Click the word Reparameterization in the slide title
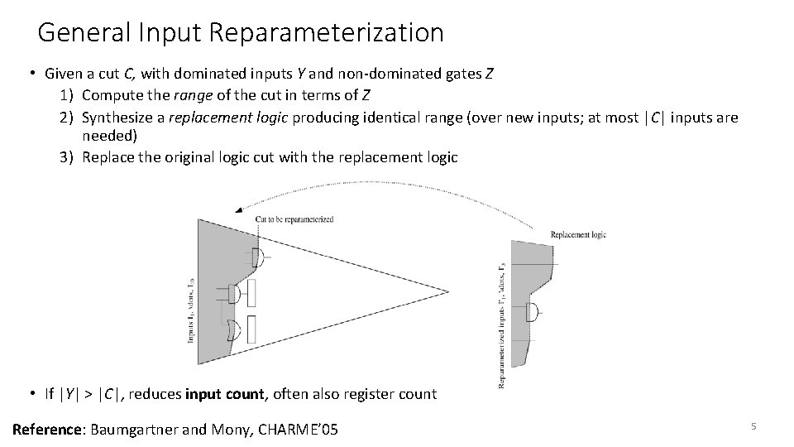point(327,33)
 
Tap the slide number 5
point(753,426)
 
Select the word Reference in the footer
point(46,429)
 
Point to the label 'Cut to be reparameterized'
point(294,219)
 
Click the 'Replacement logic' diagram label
point(578,235)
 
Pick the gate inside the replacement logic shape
point(534,312)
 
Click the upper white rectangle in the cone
point(251,293)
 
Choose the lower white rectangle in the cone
point(251,329)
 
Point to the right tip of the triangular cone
point(447,291)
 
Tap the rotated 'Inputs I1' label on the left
point(190,311)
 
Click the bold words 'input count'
point(226,394)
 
